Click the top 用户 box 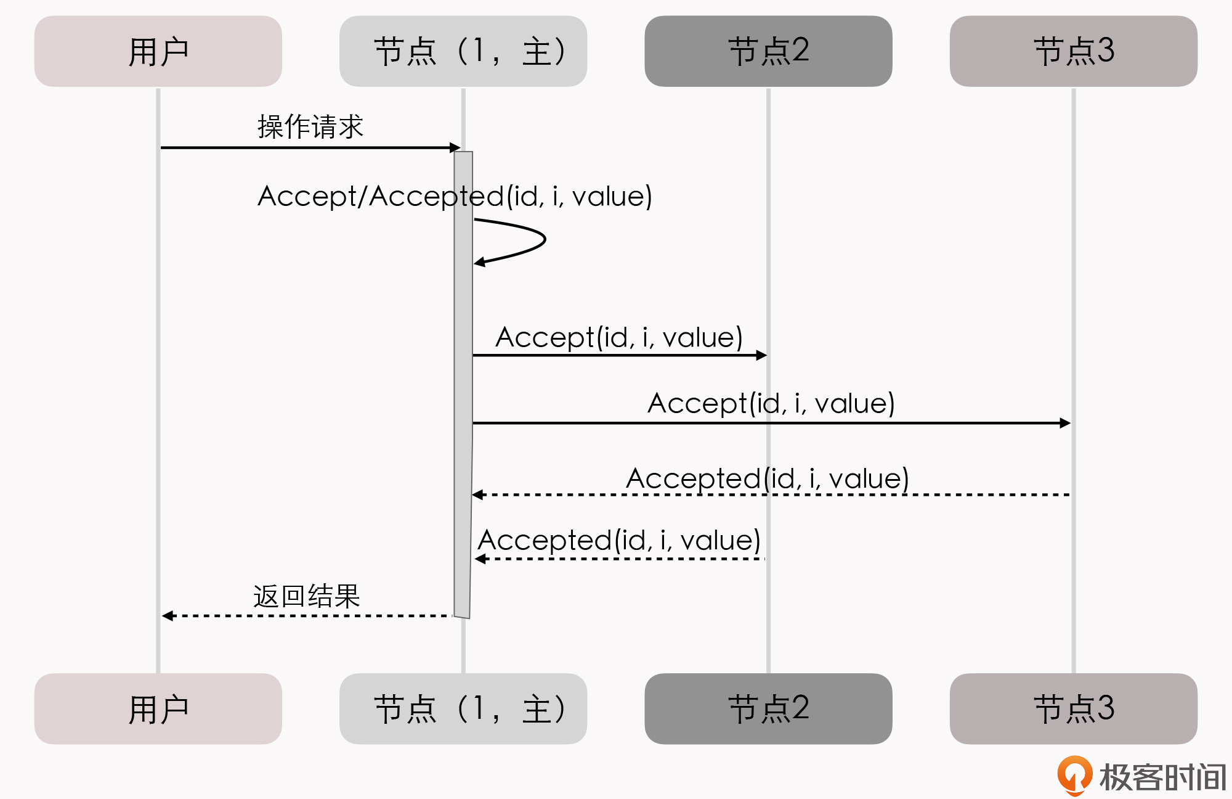click(158, 51)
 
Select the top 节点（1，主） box click(463, 51)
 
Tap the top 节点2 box click(768, 51)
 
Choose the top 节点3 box click(1073, 51)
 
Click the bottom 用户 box click(158, 708)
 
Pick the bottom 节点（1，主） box click(463, 708)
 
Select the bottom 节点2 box click(768, 708)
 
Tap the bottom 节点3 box click(1073, 708)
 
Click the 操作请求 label click(310, 127)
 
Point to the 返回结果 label click(306, 596)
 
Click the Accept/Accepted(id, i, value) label click(455, 197)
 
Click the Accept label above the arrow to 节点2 click(618, 338)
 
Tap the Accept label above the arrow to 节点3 click(771, 404)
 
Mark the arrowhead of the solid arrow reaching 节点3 click(1065, 423)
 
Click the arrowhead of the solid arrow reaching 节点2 click(761, 355)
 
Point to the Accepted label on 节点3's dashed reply click(767, 479)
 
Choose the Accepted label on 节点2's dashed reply click(619, 541)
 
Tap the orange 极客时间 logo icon click(1074, 775)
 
